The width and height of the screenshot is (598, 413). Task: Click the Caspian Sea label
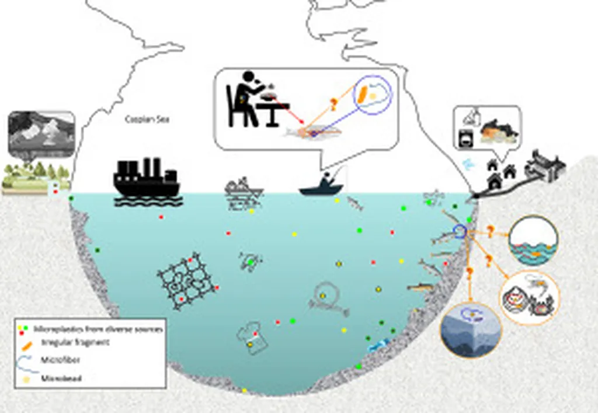pos(144,119)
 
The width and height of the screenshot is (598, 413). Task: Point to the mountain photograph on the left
pos(41,134)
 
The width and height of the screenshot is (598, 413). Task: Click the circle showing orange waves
pos(534,241)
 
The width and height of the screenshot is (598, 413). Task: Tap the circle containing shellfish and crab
pos(529,297)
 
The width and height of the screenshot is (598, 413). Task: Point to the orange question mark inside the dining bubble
pos(333,106)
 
